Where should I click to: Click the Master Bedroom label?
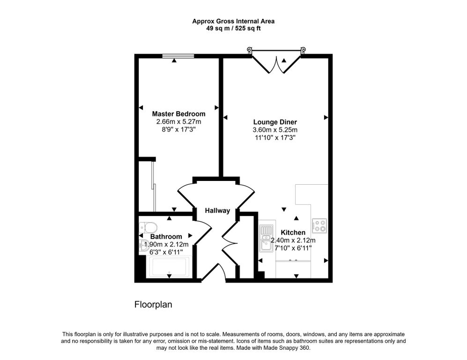(x=178, y=114)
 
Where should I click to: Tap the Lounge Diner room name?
(x=275, y=122)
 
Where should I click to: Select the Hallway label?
(x=217, y=211)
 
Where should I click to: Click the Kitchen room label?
(x=293, y=232)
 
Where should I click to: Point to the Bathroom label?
(x=166, y=237)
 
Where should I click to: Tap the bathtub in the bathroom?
(x=170, y=268)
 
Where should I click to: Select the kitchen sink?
(x=266, y=238)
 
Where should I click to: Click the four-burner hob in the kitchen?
(x=320, y=226)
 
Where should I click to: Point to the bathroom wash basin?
(x=144, y=245)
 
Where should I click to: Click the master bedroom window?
(x=178, y=56)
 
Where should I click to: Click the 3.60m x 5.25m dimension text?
(x=275, y=130)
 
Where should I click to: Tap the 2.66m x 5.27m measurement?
(x=178, y=121)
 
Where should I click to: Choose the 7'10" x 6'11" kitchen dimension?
(x=293, y=248)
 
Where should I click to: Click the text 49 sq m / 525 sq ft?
(x=233, y=28)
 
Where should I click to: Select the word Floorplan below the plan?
(x=153, y=305)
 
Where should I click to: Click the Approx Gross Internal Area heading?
(x=233, y=21)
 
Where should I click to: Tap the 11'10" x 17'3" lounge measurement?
(x=275, y=137)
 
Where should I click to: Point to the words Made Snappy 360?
(x=292, y=348)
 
